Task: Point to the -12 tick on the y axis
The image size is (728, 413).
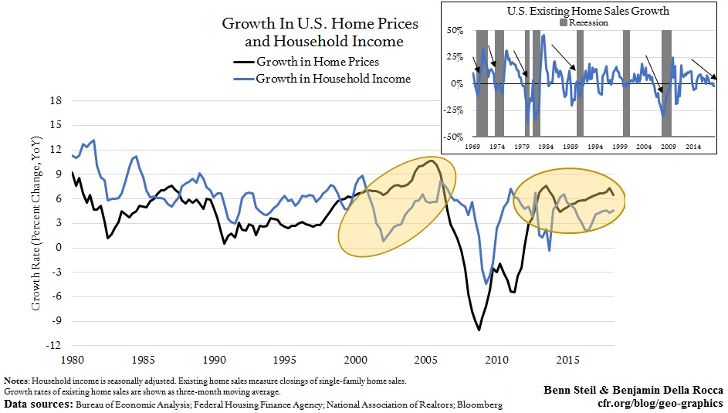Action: [x=54, y=347]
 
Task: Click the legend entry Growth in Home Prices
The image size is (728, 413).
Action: [x=317, y=62]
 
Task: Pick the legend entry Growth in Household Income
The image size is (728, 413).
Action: [x=333, y=78]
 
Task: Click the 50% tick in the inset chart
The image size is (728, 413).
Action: [x=455, y=31]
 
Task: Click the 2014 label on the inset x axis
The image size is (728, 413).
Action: [x=693, y=146]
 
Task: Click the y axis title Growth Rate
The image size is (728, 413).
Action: [x=36, y=222]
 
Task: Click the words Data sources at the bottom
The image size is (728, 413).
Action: [x=40, y=405]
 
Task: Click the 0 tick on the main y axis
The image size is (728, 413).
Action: [x=59, y=248]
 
